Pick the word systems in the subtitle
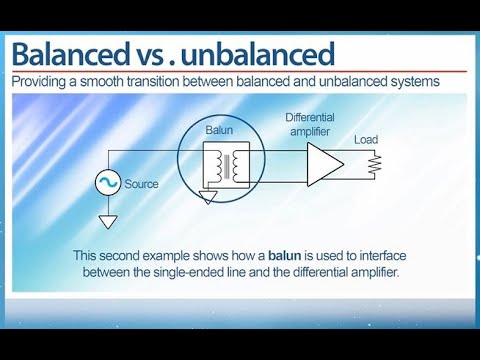pos(411,83)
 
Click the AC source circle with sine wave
pos(108,183)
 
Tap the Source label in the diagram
pos(142,184)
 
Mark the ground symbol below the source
pos(108,220)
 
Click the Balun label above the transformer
pos(218,131)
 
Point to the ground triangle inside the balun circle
pos(207,197)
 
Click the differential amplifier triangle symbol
pos(323,162)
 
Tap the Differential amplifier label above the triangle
pos(309,124)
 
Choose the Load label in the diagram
pos(366,140)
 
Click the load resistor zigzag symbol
pos(375,163)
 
